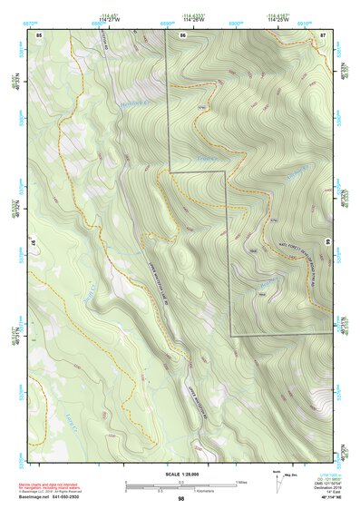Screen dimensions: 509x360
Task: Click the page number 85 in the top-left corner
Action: tap(39, 34)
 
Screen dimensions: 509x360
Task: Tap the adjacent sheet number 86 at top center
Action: tap(183, 34)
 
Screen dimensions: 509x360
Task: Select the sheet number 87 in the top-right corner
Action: tap(323, 34)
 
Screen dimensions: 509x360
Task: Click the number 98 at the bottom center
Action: tap(181, 498)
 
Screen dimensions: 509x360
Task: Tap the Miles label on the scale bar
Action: tap(241, 482)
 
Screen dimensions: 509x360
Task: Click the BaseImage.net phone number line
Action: tap(54, 498)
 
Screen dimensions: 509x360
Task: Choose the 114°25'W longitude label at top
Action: tap(278, 17)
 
